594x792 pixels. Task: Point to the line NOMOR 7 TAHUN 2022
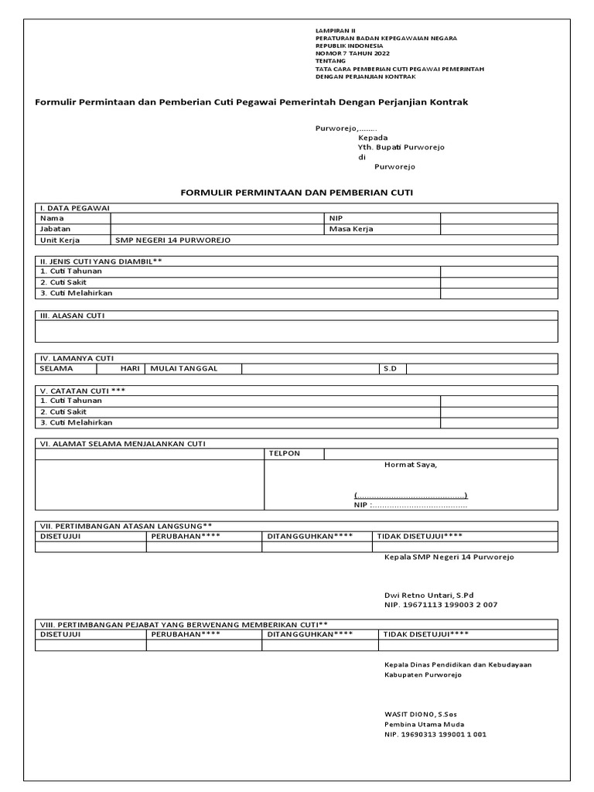point(353,53)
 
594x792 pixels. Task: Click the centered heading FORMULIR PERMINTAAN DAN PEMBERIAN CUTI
point(297,191)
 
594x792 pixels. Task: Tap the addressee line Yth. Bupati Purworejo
point(401,147)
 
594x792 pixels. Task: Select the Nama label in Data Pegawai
point(52,219)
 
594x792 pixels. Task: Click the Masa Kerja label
point(351,230)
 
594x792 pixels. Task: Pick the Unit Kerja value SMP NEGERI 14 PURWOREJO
point(172,241)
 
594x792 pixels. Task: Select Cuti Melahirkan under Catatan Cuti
point(76,422)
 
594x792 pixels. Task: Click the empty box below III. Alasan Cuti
point(296,331)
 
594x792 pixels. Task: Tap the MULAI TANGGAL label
point(184,369)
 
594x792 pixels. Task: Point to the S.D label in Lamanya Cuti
point(390,369)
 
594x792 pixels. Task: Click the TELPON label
point(284,453)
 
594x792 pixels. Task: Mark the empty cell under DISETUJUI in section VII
point(90,547)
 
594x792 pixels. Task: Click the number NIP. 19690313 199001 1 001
point(435,735)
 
